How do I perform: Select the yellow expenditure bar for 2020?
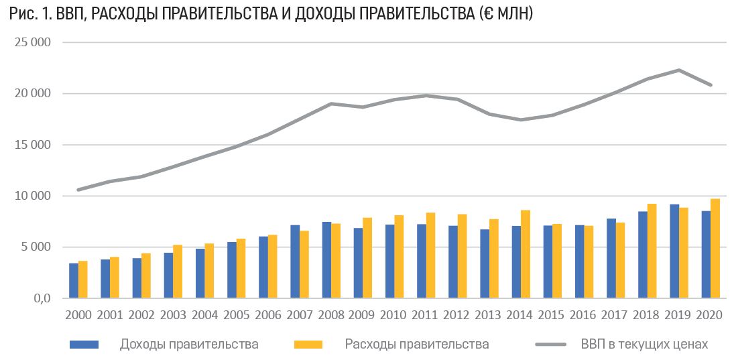tap(716, 249)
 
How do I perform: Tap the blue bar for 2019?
tap(674, 251)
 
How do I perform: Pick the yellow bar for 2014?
tap(526, 254)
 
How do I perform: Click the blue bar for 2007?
tap(295, 261)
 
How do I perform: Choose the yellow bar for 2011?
tap(431, 255)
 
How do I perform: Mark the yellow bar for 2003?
tap(178, 272)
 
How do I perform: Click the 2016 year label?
tap(584, 314)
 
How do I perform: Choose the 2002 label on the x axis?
tap(141, 314)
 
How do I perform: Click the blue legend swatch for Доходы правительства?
tap(84, 345)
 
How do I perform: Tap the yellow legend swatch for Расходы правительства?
tap(308, 345)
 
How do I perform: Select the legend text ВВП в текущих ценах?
tap(644, 345)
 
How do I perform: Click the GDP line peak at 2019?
tap(679, 70)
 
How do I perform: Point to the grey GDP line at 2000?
tap(78, 190)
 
